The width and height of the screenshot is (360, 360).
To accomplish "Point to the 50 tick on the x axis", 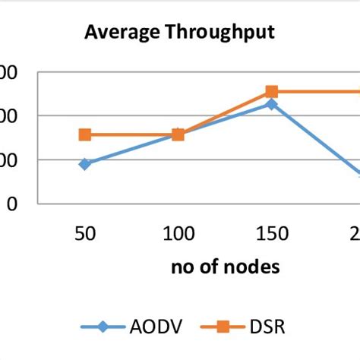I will (x=85, y=234).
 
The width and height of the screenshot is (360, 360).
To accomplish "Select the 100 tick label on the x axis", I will (x=178, y=234).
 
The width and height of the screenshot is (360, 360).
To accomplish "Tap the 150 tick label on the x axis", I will (x=270, y=234).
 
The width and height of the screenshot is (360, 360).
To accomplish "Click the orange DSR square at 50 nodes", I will (x=85, y=135).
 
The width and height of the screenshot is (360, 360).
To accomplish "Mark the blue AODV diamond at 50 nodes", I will (x=85, y=164).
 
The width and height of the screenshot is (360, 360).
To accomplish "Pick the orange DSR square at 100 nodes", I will (x=178, y=135).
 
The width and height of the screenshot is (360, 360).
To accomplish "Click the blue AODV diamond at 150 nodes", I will (x=270, y=104).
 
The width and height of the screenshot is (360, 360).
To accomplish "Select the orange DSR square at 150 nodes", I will (x=271, y=92).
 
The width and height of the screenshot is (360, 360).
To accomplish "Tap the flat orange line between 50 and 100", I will (x=131, y=135).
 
